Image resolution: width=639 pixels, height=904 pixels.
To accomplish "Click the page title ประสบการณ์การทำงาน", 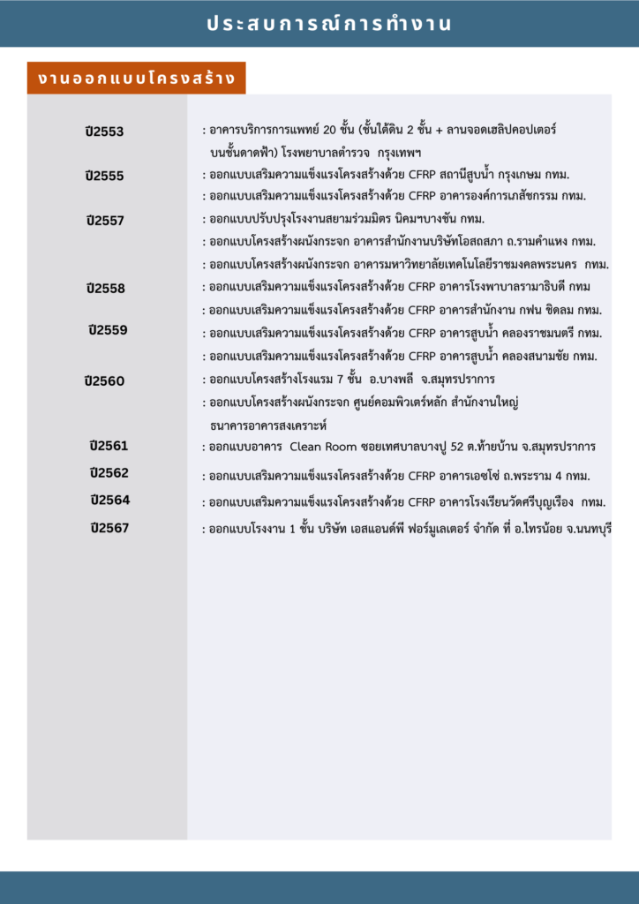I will pos(328,24).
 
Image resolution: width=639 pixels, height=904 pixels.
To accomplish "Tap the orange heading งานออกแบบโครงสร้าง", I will pos(136,78).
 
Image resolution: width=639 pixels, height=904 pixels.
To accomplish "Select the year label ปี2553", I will pos(105,132).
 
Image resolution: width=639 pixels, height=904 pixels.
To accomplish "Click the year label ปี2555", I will pos(105,176).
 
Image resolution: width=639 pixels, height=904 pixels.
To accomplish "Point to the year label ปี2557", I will pos(105,220).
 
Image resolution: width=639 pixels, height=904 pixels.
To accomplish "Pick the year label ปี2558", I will pos(106,288).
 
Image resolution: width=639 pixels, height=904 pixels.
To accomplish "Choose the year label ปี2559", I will pos(108,330).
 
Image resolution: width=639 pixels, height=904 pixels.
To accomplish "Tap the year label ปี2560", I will pos(105,381).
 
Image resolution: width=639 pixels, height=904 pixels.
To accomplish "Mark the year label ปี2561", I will pos(109,445).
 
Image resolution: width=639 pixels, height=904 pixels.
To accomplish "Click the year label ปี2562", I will pos(109,473).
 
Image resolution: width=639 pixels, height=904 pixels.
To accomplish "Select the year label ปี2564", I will pos(109,500).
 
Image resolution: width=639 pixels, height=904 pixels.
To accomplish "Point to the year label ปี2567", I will pos(109,528).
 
